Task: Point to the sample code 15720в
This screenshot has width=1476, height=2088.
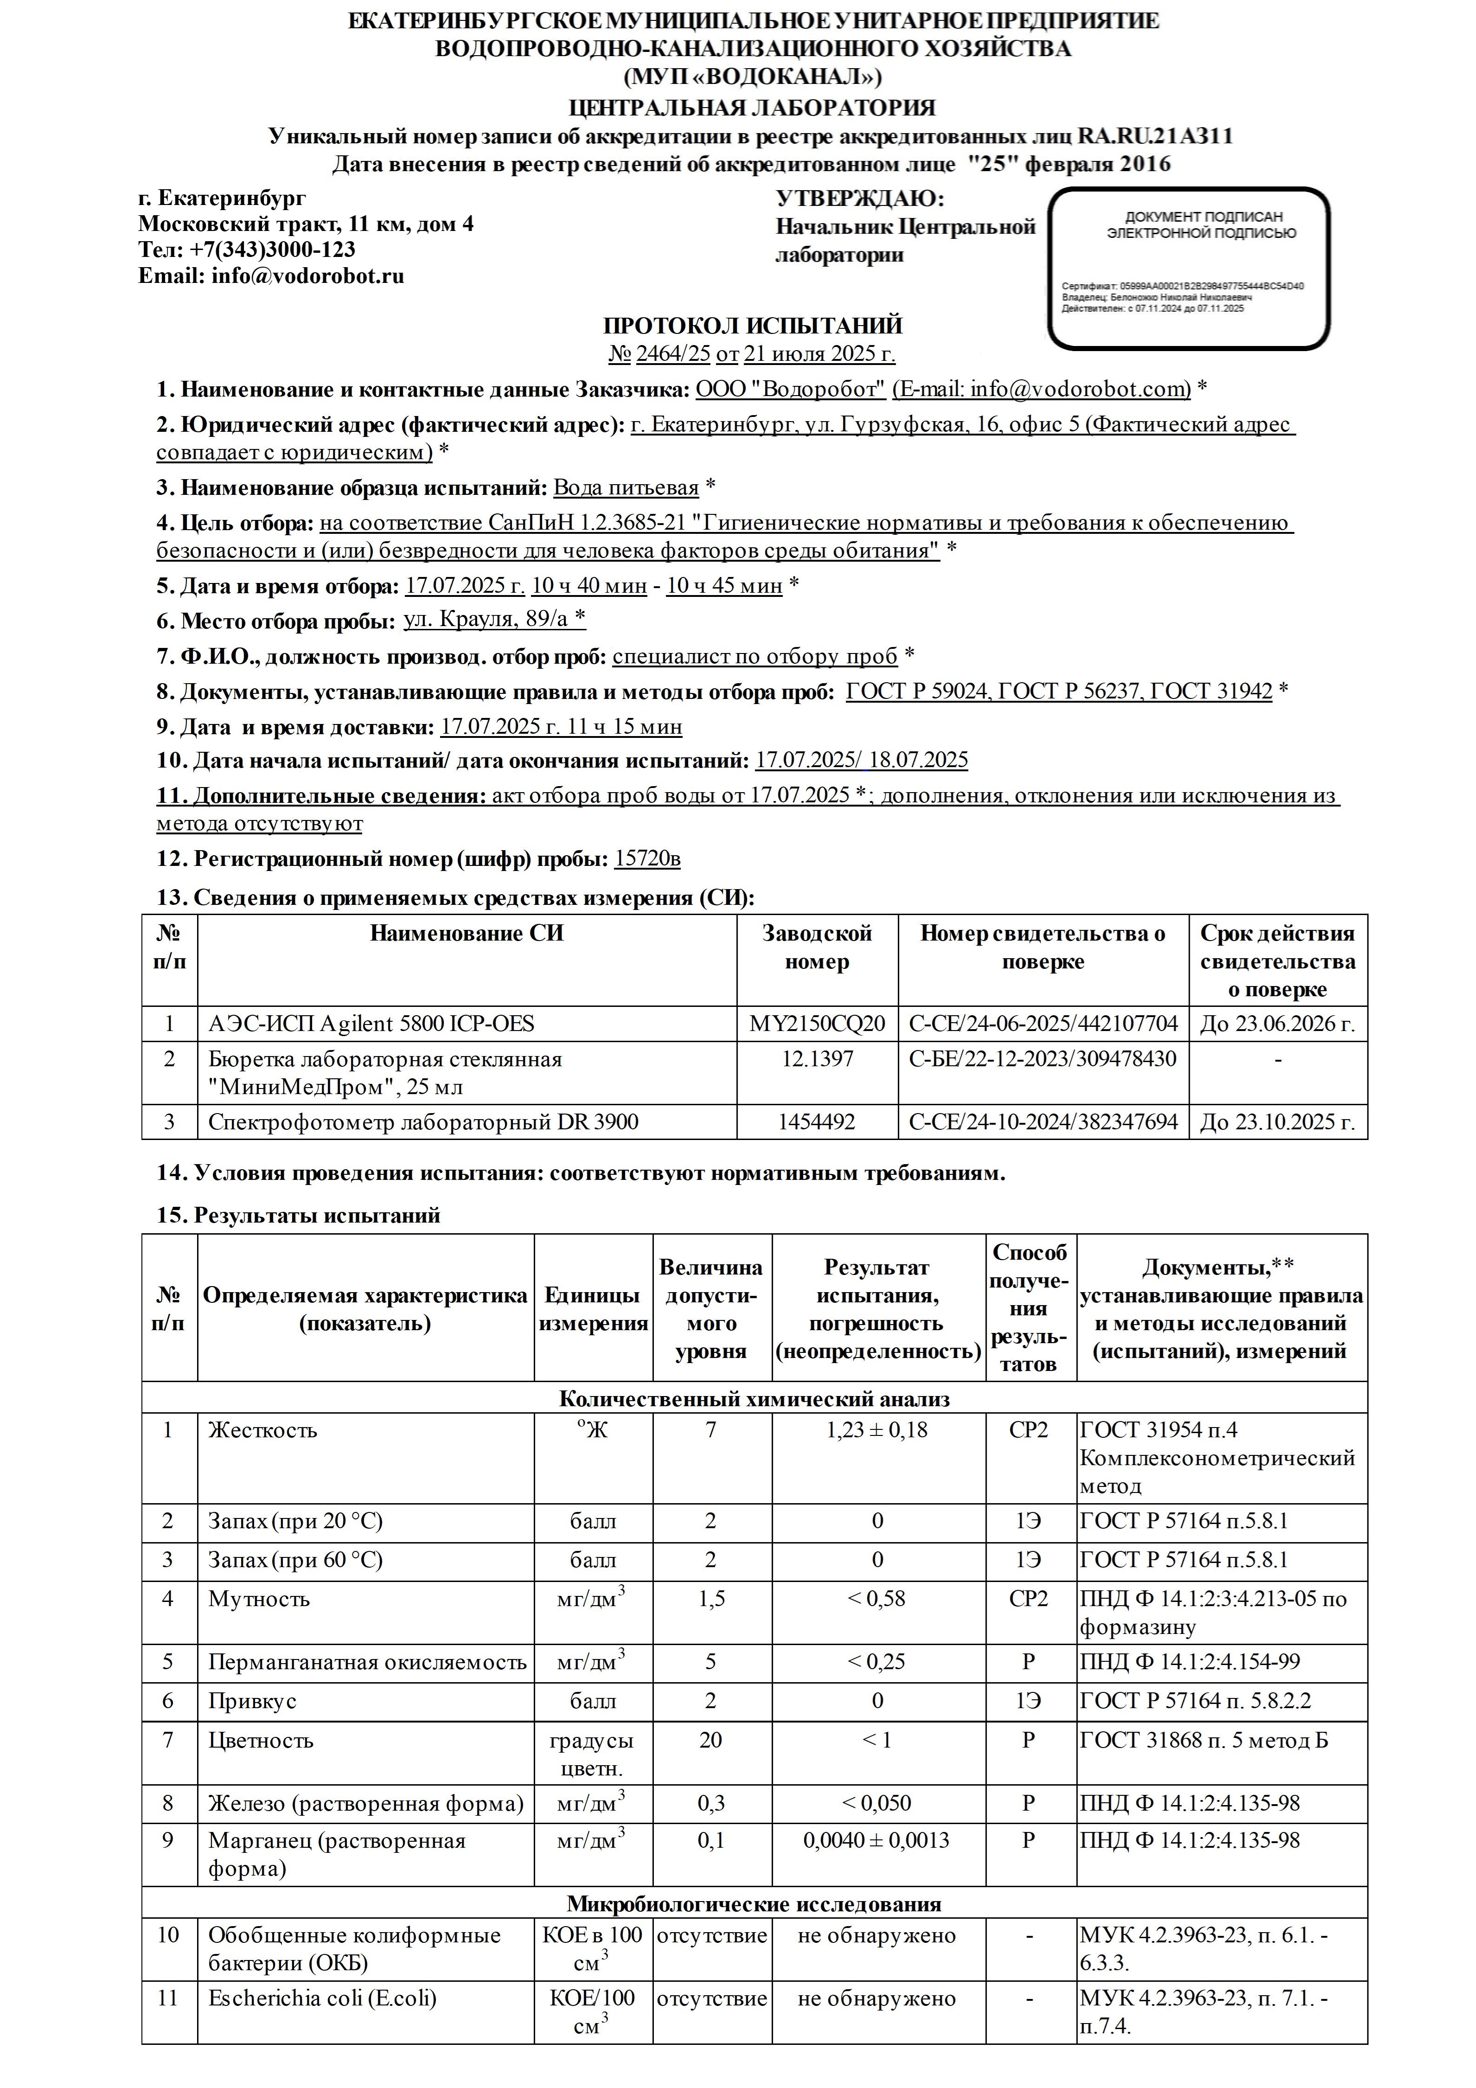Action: click(x=647, y=858)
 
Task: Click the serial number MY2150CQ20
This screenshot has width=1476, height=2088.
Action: click(x=817, y=1024)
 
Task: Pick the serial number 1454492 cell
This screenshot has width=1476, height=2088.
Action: click(x=817, y=1122)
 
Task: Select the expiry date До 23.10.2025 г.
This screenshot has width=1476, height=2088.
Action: click(x=1278, y=1122)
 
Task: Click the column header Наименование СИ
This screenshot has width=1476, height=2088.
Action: click(x=466, y=934)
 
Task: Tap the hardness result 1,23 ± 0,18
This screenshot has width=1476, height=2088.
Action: click(x=878, y=1430)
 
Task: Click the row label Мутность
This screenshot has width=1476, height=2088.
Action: click(x=259, y=1599)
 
